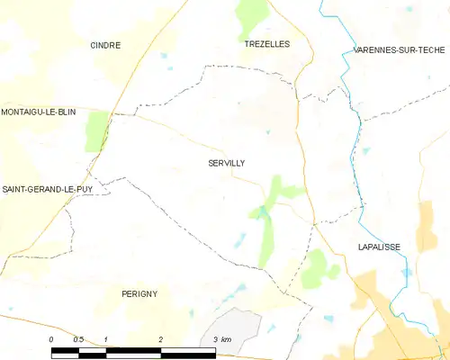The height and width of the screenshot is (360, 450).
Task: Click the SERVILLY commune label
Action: coord(226,163)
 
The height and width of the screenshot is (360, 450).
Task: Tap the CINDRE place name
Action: coord(105,44)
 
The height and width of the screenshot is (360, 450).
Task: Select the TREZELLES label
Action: coord(267,43)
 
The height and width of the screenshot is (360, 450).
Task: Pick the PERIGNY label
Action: coord(139,294)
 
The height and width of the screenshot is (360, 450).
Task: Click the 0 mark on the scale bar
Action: coord(52,338)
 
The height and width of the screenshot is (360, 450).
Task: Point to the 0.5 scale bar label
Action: coord(78,338)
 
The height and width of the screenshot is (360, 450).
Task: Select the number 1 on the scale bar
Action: coord(106,338)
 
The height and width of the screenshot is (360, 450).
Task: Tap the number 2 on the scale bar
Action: coord(160,338)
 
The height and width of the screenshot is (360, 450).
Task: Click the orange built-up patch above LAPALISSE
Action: coord(427,220)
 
